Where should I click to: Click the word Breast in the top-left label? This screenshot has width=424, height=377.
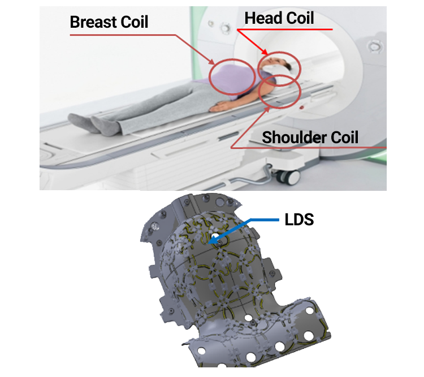pos(90,22)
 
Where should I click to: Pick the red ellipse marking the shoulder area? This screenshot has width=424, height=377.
pos(279,92)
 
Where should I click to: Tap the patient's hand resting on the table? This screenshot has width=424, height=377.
pos(218,106)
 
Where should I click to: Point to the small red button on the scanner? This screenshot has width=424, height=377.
pos(302,108)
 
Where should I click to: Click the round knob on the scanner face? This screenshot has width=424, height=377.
pos(224,27)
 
